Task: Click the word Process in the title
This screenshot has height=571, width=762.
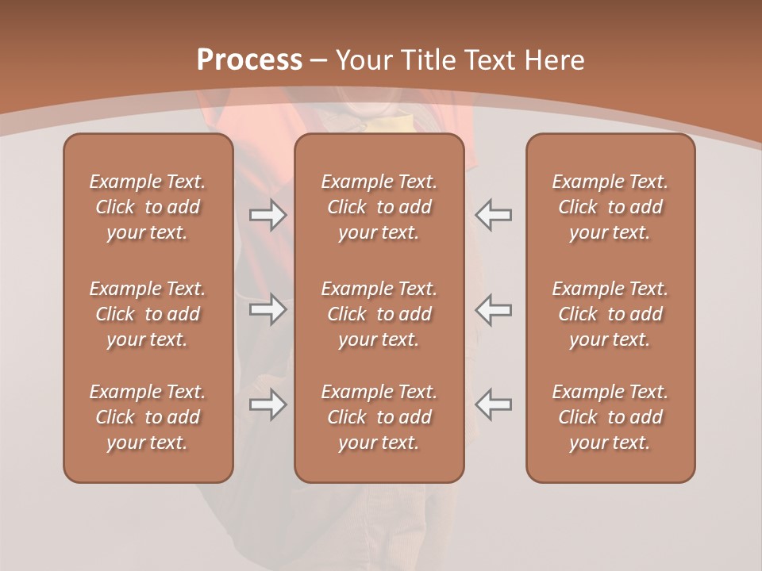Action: [x=249, y=60]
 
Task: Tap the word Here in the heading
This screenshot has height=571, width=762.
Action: [x=554, y=60]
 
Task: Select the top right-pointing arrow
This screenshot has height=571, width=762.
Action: [x=267, y=215]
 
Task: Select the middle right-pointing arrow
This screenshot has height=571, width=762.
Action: [x=267, y=309]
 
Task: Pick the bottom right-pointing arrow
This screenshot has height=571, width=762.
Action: [x=267, y=404]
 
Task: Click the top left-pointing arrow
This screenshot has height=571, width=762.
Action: [x=493, y=215]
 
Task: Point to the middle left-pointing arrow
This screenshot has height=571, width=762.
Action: [x=493, y=309]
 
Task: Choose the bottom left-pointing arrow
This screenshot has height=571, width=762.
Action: [x=493, y=404]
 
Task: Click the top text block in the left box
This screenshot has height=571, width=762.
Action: [x=148, y=207]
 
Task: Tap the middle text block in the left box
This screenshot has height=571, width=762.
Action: [x=148, y=314]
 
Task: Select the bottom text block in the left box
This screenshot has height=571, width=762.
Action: [x=148, y=417]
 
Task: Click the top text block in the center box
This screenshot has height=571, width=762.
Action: [x=379, y=207]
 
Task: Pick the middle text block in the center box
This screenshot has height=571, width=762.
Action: [x=379, y=314]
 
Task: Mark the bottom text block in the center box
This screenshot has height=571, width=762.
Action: [x=379, y=417]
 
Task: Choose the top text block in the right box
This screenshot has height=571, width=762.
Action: [x=610, y=207]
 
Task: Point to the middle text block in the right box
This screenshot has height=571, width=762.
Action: [x=610, y=314]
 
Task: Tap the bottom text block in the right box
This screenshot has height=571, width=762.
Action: [x=610, y=417]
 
